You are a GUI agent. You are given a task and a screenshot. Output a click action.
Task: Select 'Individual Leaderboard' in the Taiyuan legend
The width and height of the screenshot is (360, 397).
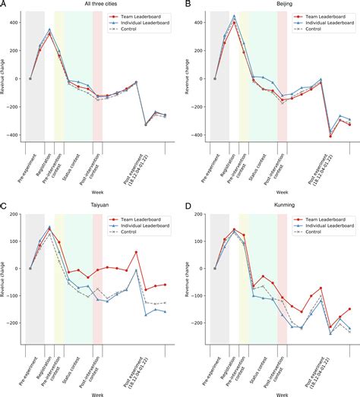click(x=147, y=225)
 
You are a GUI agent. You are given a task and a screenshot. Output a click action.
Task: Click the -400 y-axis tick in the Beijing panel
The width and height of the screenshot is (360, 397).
click(x=197, y=135)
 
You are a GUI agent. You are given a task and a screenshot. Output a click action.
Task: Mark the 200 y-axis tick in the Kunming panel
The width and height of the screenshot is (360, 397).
click(x=199, y=214)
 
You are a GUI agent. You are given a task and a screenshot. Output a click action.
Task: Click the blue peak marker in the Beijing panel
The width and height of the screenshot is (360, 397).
click(x=234, y=16)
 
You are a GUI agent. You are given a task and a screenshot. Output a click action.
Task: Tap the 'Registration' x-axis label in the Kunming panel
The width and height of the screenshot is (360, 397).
click(x=231, y=367)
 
